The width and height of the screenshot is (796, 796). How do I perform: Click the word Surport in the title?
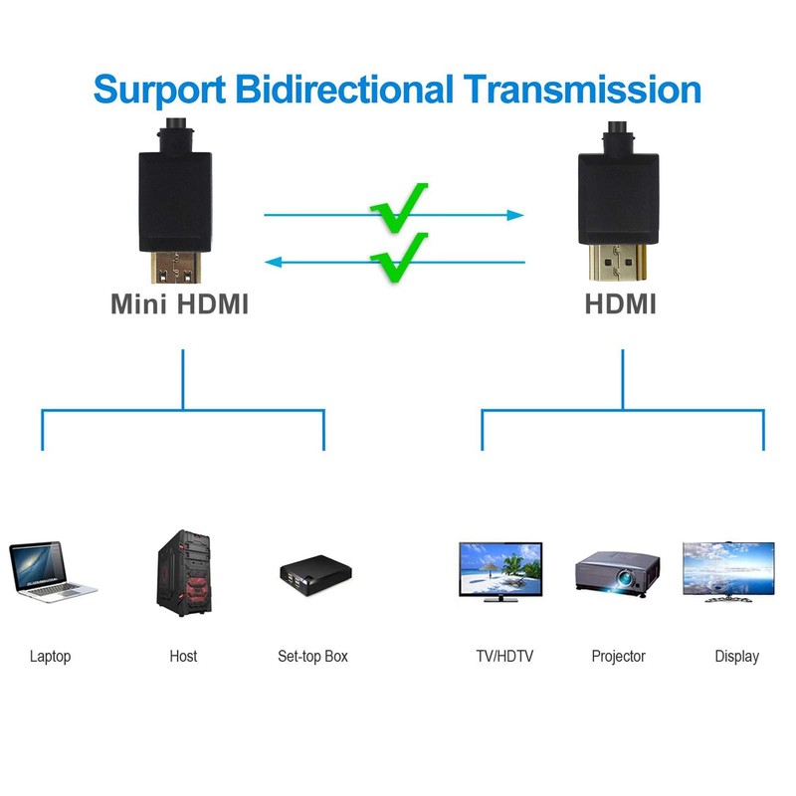(159, 91)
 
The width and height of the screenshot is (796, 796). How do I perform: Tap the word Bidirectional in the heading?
(344, 89)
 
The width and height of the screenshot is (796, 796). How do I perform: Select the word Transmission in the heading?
(582, 89)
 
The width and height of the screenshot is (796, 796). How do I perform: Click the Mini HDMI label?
(180, 304)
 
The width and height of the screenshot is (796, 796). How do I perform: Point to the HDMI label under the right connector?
(620, 304)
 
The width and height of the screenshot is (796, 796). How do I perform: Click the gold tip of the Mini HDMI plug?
(176, 267)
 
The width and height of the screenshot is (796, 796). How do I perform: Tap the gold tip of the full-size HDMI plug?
(617, 262)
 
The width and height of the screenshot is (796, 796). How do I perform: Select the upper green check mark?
(399, 207)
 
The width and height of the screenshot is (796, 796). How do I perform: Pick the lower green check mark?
(399, 257)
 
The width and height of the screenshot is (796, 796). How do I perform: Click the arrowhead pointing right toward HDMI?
(515, 215)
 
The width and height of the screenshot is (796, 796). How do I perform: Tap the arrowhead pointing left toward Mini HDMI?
(274, 262)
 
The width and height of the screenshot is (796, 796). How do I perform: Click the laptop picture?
(53, 571)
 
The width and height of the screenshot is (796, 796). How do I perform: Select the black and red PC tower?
(184, 573)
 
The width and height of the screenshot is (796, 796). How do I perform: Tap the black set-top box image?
(315, 575)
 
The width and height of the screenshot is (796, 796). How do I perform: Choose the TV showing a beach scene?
(500, 571)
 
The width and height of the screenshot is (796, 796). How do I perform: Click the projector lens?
(624, 577)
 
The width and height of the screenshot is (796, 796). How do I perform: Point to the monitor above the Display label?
(728, 572)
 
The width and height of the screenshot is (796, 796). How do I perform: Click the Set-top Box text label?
(312, 657)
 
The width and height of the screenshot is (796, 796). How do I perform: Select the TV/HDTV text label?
(504, 657)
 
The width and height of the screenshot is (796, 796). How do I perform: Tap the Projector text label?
(618, 657)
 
